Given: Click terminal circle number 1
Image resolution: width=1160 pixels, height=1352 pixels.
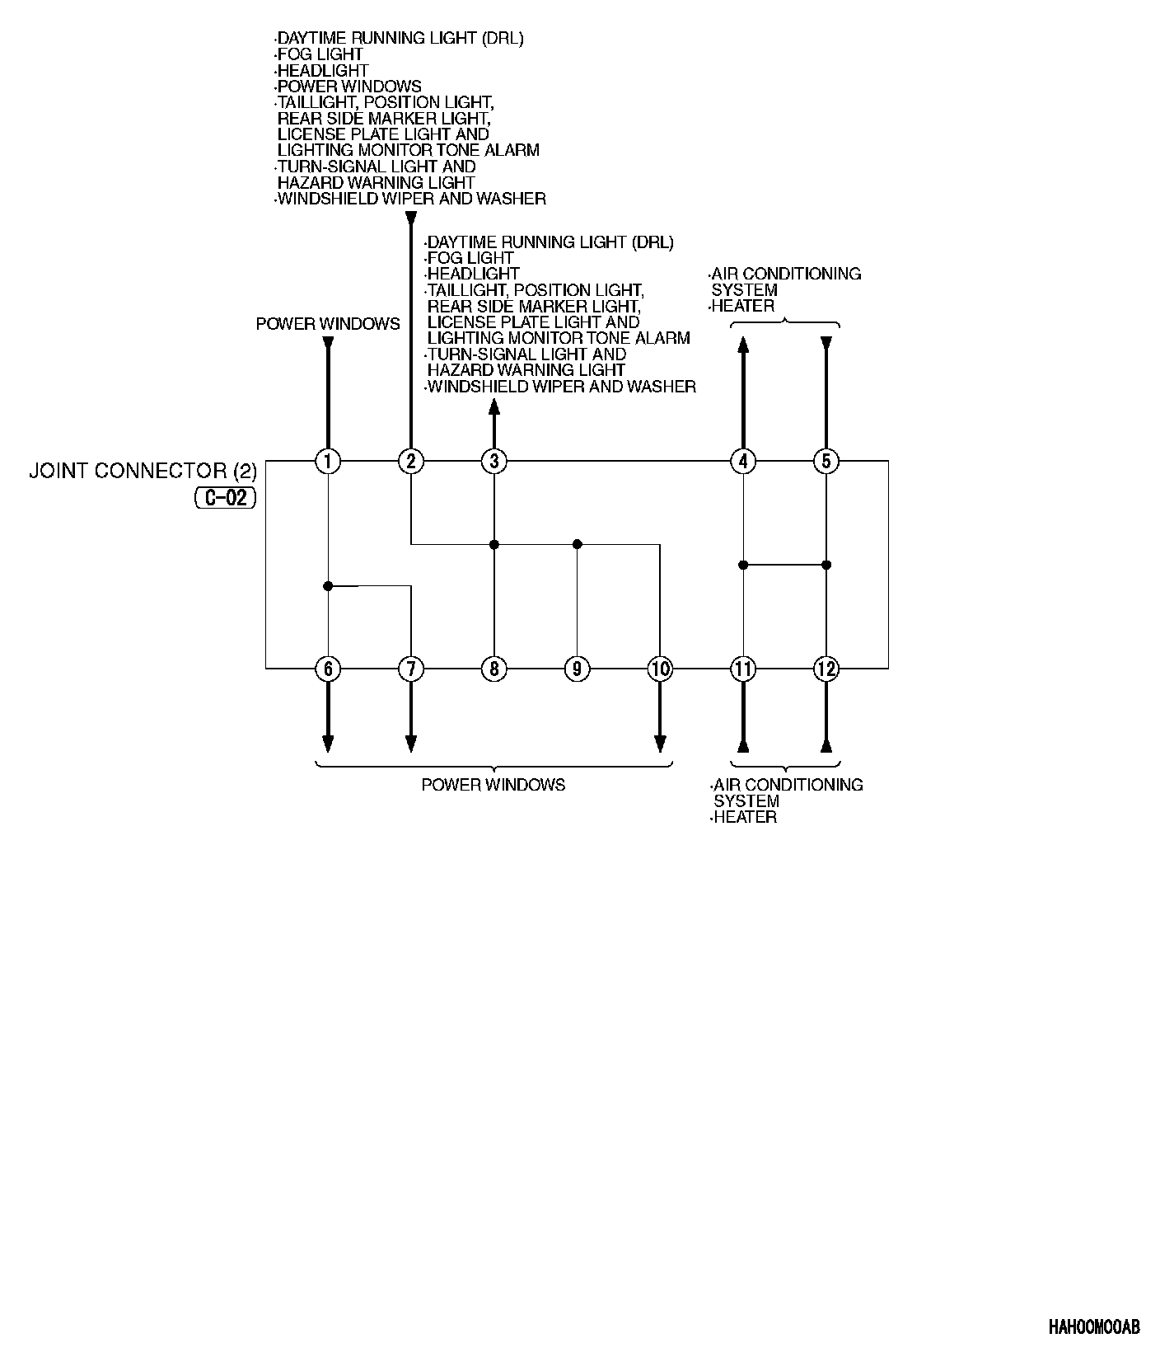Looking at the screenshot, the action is click(328, 461).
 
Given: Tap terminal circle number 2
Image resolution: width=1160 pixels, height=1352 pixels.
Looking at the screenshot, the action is click(411, 461).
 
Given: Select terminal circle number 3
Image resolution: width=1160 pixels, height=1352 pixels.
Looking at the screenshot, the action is click(494, 461).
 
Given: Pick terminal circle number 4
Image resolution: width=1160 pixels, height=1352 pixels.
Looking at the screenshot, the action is click(743, 461).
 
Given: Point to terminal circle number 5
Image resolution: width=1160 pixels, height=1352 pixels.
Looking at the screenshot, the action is click(826, 461).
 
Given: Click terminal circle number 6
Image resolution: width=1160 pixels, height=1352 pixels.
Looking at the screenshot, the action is click(328, 669).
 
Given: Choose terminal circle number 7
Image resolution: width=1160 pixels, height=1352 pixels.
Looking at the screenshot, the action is click(411, 669).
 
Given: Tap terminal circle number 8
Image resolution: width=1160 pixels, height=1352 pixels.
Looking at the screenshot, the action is click(494, 669).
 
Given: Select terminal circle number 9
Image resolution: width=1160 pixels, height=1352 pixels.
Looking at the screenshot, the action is click(577, 669).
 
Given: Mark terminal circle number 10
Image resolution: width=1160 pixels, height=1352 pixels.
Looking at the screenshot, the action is click(660, 669).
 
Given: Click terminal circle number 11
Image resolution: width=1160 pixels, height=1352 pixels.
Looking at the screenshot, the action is click(743, 669).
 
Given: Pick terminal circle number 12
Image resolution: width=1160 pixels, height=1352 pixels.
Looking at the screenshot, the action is click(826, 669).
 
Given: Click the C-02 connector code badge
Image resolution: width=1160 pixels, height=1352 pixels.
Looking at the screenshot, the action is click(226, 498).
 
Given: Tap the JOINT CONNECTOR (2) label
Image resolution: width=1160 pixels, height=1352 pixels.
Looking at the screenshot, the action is click(143, 471).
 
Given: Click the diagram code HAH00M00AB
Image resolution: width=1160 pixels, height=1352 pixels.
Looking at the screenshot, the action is click(1094, 1327).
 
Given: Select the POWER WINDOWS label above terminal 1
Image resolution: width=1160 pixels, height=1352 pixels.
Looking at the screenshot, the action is click(328, 324).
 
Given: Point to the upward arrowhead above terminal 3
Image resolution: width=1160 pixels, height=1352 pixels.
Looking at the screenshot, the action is click(494, 406).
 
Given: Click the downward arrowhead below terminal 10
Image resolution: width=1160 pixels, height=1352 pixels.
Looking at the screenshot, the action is click(660, 744).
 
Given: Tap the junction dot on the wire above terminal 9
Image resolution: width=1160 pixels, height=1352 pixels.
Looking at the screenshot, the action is click(577, 544).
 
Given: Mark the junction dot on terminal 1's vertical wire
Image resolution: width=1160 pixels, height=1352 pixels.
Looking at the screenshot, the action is click(328, 586).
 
